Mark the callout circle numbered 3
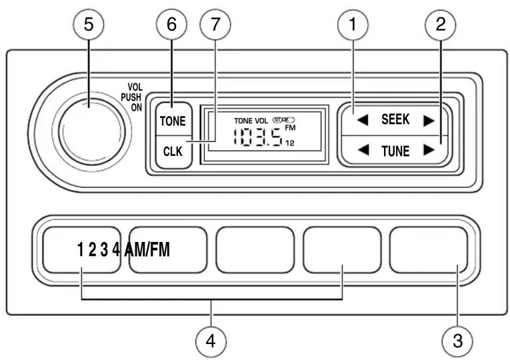(x=457, y=340)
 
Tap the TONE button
(x=172, y=121)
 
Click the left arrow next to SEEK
(x=362, y=120)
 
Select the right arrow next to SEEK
(x=429, y=120)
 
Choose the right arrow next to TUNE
(x=429, y=149)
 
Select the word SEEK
(x=395, y=120)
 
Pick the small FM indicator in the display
(x=290, y=128)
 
